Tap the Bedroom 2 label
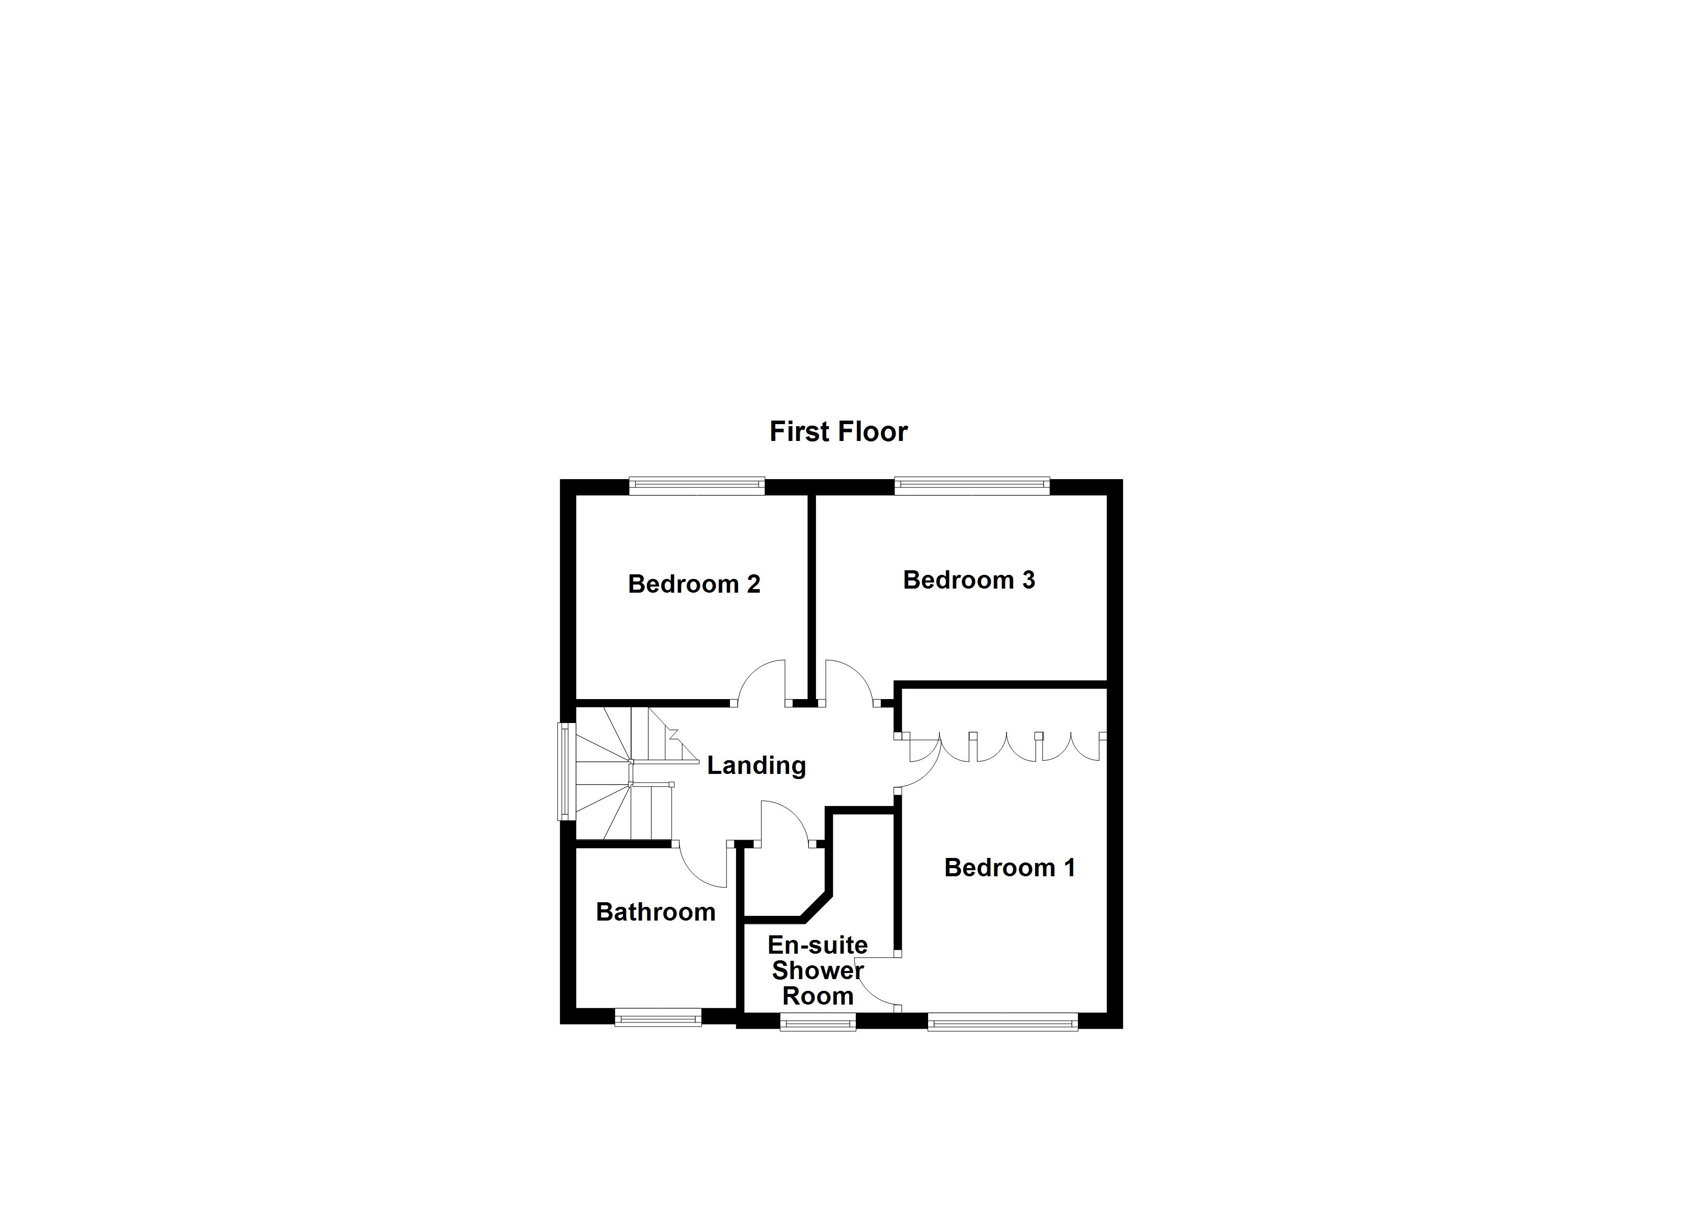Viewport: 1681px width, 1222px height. tap(694, 584)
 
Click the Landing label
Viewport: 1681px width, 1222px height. tap(756, 765)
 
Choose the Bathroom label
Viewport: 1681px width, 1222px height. tap(655, 911)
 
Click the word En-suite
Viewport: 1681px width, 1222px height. tap(818, 945)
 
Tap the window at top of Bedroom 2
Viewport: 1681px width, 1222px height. tap(697, 487)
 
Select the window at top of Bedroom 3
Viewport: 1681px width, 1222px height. tap(972, 487)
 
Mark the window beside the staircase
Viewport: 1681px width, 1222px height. tap(566, 771)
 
